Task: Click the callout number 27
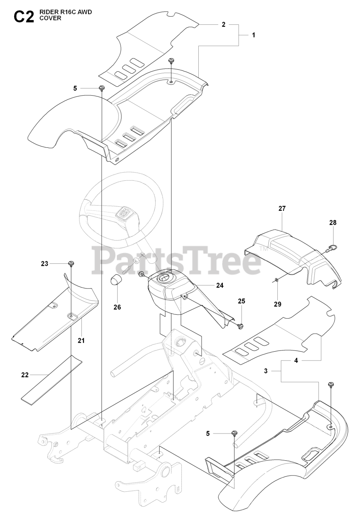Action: (282, 208)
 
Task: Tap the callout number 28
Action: (333, 223)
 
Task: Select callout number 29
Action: (277, 304)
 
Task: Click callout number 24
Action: (220, 285)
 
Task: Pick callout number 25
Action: (241, 301)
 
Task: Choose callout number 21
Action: (81, 340)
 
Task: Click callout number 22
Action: (25, 374)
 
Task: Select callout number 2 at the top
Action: (224, 24)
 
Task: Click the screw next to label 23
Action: (71, 263)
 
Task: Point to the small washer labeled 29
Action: (277, 280)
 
